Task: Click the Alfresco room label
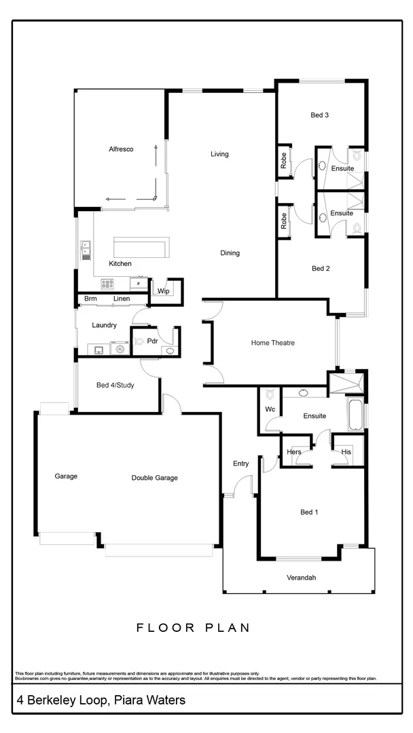[x=120, y=149]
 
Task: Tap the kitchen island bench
[x=141, y=247]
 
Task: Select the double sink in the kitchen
[x=86, y=250]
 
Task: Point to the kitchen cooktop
[x=108, y=284]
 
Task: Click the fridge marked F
[x=139, y=284]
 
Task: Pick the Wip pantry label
[x=163, y=291]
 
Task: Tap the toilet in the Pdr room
[x=138, y=341]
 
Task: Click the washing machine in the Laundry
[x=120, y=350]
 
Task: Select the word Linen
[x=122, y=299]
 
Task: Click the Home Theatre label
[x=273, y=343]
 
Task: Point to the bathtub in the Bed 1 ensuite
[x=356, y=415]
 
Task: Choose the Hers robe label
[x=294, y=452]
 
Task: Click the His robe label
[x=346, y=452]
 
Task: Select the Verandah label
[x=300, y=578]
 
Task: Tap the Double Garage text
[x=154, y=478]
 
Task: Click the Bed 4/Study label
[x=115, y=386]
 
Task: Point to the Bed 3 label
[x=320, y=115]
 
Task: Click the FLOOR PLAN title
[x=193, y=628]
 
